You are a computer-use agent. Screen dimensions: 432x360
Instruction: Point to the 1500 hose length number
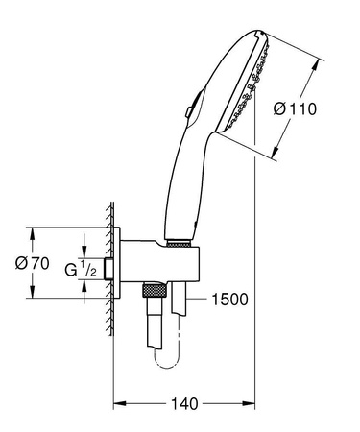click(228, 300)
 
